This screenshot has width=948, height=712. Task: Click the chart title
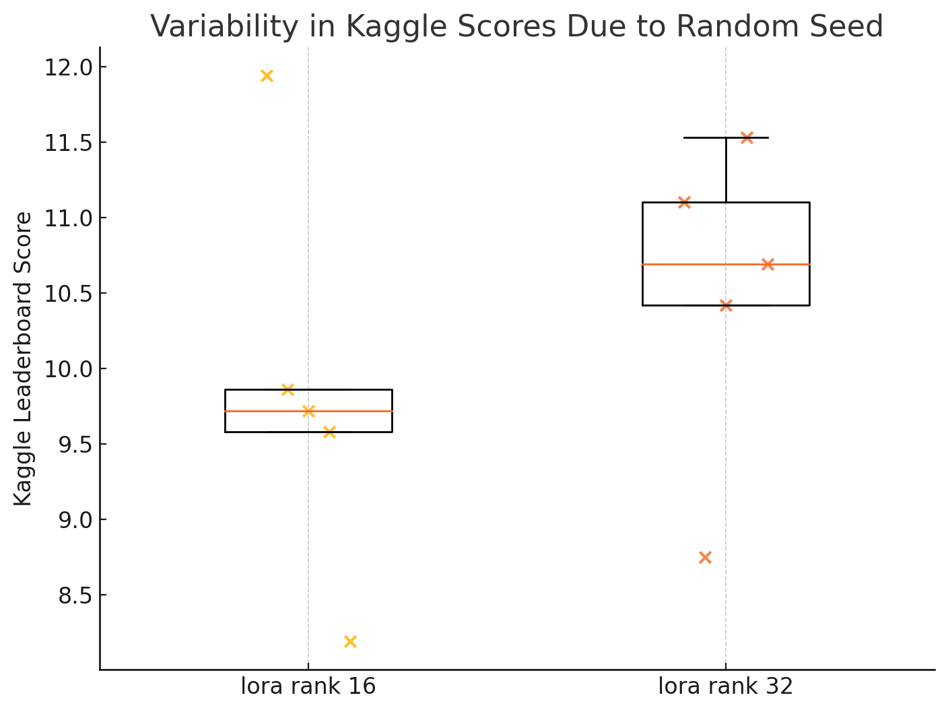click(516, 27)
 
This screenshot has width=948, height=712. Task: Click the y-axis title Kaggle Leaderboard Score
click(24, 358)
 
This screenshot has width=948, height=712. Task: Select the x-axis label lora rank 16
click(308, 686)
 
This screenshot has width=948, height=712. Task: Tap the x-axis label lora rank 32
click(725, 686)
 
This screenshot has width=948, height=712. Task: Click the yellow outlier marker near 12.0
click(267, 75)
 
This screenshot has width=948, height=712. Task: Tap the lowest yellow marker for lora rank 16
click(350, 641)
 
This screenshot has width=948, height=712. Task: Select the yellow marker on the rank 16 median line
click(308, 411)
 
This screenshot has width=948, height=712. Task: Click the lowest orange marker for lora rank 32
click(705, 557)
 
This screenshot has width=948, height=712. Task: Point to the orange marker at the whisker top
click(747, 137)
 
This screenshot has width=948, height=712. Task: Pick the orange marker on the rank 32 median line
click(768, 264)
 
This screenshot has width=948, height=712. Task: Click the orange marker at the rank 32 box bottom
click(726, 305)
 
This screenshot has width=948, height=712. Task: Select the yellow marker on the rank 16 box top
click(287, 389)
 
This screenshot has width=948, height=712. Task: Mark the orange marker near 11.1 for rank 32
click(684, 202)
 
